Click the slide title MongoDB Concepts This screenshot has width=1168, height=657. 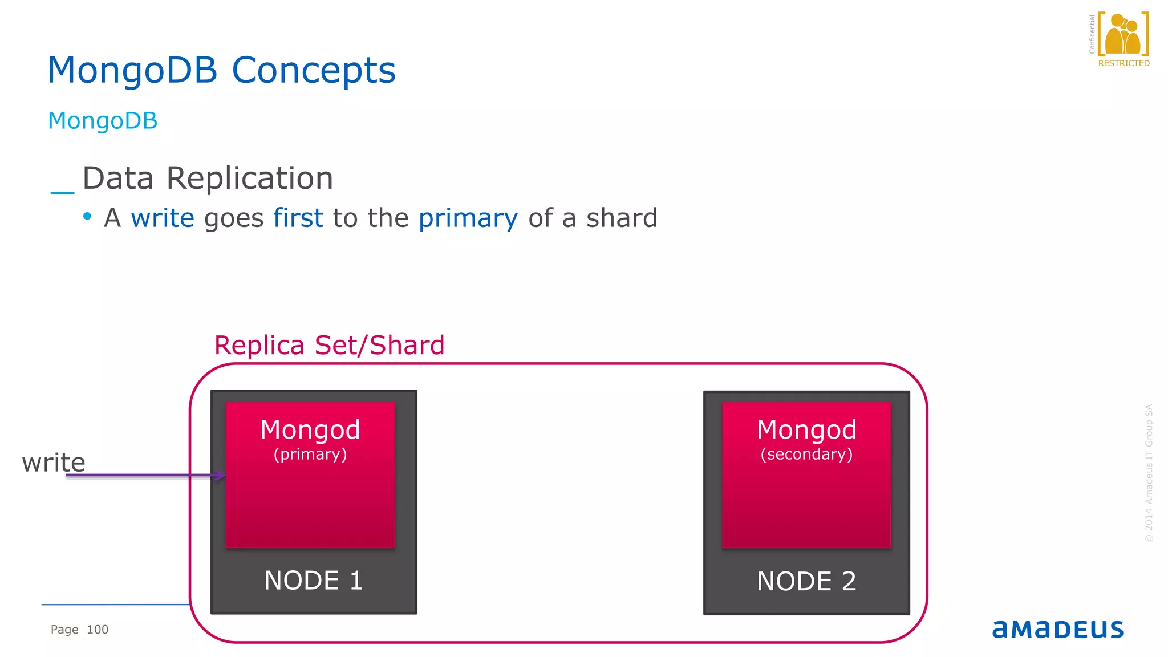tap(221, 71)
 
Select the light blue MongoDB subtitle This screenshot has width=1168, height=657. tap(103, 121)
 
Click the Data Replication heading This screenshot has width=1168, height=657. tap(208, 179)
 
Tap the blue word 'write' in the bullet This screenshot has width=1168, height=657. tap(163, 218)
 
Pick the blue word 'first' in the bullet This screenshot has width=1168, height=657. tap(298, 218)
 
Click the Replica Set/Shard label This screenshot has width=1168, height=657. tap(329, 346)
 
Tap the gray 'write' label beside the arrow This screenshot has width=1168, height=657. tap(54, 463)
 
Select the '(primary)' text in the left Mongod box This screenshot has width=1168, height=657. tap(310, 455)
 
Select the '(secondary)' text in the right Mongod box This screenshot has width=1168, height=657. tap(806, 455)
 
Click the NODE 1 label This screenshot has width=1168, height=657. tap(313, 581)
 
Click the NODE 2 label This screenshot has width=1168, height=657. tap(806, 582)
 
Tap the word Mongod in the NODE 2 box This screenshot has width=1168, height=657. tap(806, 430)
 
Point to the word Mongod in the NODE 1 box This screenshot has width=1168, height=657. tap(310, 430)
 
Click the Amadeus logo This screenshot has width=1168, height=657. tap(1058, 629)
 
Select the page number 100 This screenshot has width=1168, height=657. tap(98, 630)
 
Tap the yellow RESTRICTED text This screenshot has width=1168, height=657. tap(1124, 63)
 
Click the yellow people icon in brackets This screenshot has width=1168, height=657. tap(1123, 35)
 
